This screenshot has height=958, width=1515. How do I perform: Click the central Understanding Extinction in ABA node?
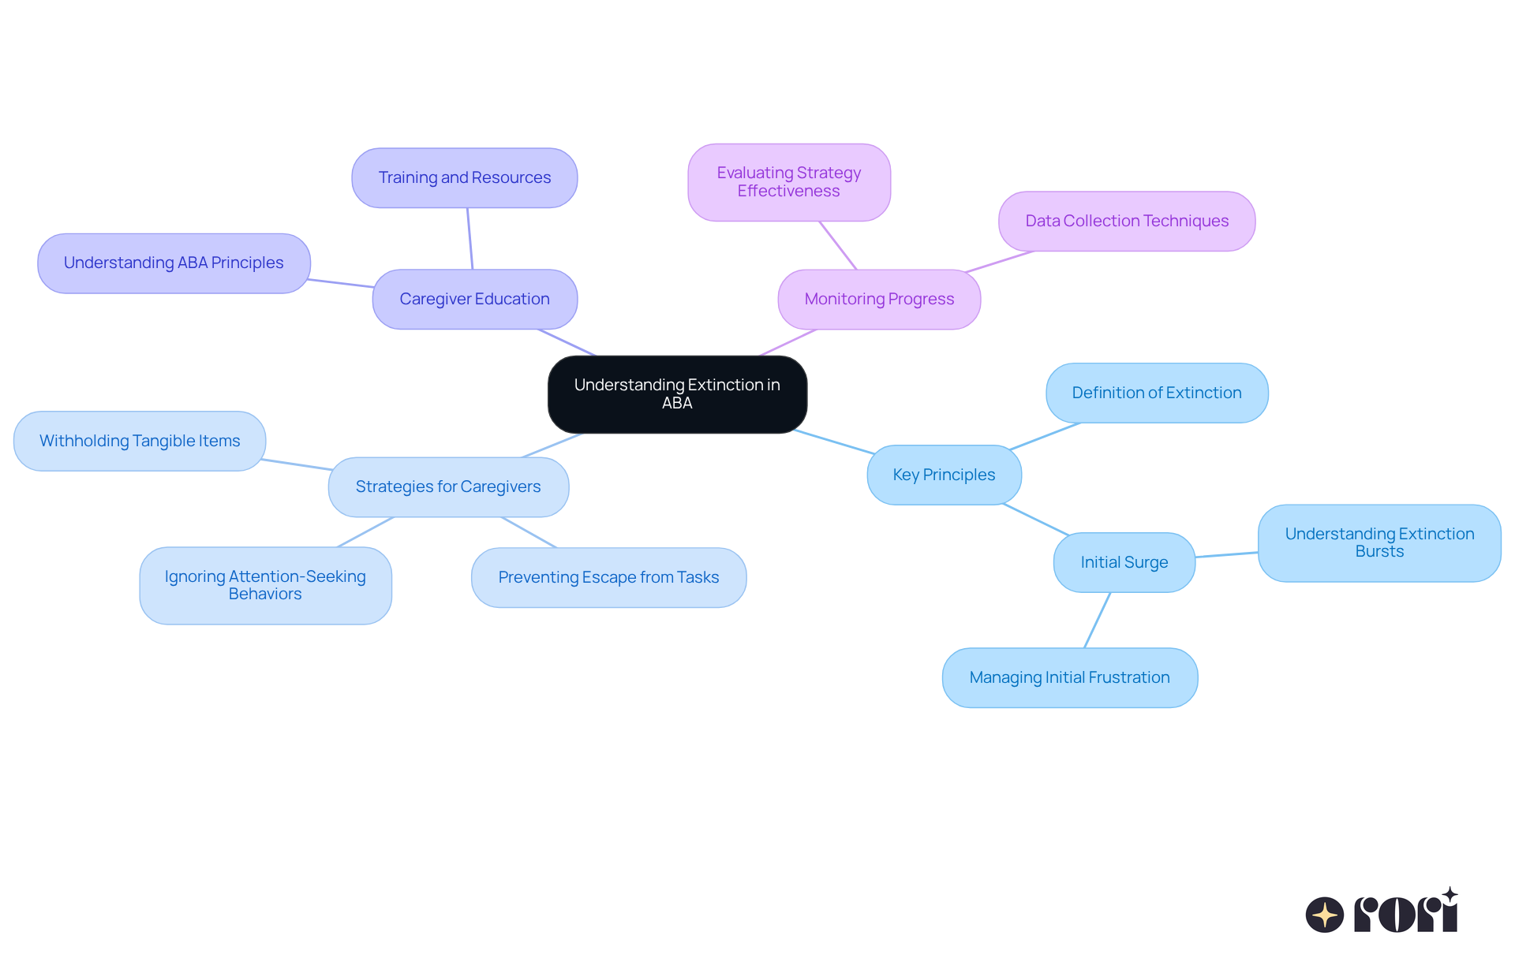[677, 393]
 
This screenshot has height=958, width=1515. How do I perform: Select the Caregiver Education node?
[474, 299]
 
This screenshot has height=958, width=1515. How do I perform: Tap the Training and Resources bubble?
[464, 177]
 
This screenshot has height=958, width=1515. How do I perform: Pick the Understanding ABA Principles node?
[174, 263]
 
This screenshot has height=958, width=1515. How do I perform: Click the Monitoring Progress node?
[879, 299]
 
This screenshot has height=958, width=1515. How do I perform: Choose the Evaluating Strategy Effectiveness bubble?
[788, 182]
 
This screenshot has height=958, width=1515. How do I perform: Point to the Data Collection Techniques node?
[1126, 221]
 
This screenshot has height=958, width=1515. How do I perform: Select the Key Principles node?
[944, 475]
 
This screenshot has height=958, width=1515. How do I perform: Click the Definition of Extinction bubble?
[1156, 393]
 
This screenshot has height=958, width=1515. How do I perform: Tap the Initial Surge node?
[1124, 562]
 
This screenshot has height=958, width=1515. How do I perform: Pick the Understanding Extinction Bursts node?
[1378, 542]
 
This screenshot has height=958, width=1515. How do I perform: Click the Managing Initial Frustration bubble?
[1069, 677]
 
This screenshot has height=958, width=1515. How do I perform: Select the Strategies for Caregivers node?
[447, 486]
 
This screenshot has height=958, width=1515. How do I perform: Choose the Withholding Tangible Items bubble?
[140, 441]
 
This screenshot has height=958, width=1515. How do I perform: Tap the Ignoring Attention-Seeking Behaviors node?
[265, 585]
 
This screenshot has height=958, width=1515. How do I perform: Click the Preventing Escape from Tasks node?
[608, 577]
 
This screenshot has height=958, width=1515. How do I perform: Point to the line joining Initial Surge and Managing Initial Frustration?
[1097, 621]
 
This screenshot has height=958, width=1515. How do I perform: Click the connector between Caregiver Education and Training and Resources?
[469, 239]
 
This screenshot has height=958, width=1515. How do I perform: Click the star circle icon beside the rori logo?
[1324, 915]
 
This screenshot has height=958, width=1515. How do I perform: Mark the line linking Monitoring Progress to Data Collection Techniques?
[999, 262]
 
